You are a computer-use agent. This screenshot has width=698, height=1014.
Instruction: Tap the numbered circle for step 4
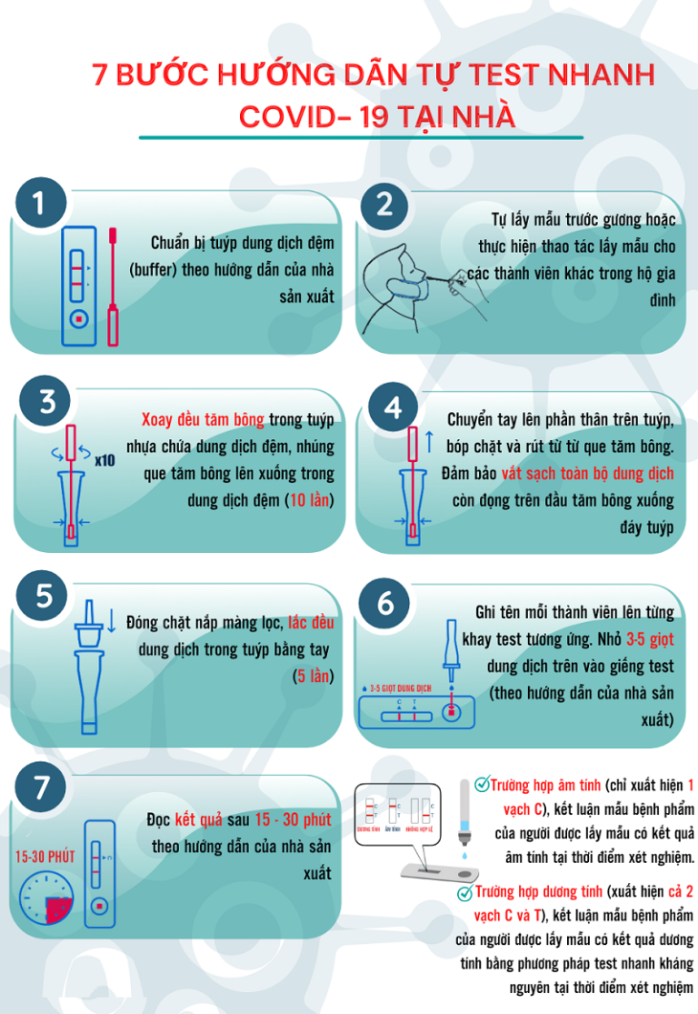pos(393,408)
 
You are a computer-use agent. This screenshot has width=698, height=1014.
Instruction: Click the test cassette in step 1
pos(78,284)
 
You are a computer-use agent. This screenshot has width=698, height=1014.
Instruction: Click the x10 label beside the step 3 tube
pos(105,460)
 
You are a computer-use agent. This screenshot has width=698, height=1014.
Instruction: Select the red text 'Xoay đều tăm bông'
pos(203,419)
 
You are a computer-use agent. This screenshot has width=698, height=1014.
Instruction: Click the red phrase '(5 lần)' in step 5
pos(313,677)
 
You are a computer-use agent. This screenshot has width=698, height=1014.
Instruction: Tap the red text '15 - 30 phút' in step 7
pos(292,820)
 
